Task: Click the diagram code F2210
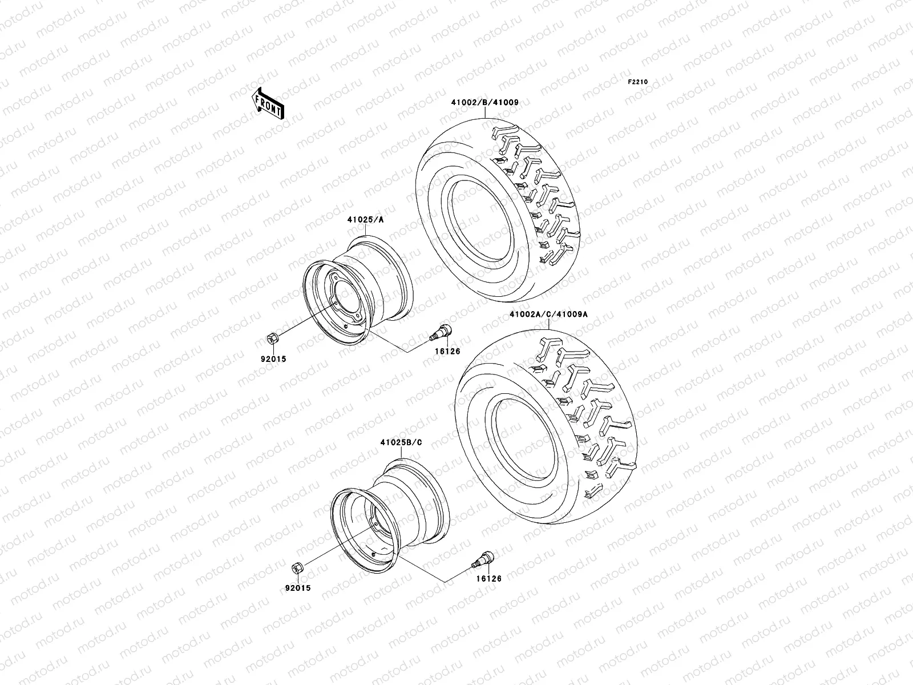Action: tap(638, 82)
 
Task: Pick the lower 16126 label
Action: tap(489, 578)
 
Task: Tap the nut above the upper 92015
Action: tap(273, 339)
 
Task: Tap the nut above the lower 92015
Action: tap(297, 567)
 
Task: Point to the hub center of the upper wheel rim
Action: tap(339, 297)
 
